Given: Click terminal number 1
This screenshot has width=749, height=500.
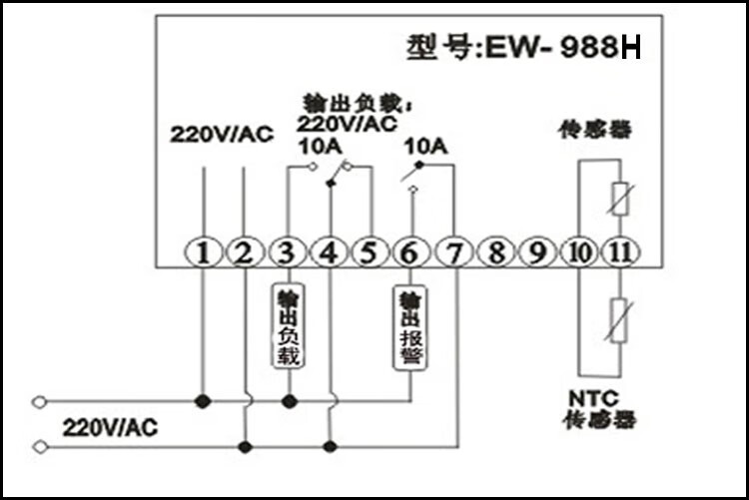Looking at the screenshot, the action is coord(203,252).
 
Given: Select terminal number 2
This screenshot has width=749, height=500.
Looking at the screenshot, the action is coord(244,252).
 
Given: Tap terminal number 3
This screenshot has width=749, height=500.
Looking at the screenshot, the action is coord(288,252).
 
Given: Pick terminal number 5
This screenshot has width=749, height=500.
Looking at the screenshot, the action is coord(371,252).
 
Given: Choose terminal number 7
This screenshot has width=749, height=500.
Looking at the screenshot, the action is coord(455,252).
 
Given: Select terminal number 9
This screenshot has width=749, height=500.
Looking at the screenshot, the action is coord(537,252).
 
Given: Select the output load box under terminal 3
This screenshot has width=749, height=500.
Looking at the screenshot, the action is coord(288,325).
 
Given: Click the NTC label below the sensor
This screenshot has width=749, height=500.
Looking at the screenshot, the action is coord(588,396).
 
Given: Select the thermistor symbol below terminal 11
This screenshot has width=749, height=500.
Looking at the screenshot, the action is coord(619,319).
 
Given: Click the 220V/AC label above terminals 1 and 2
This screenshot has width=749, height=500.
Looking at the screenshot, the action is coord(221,135).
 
